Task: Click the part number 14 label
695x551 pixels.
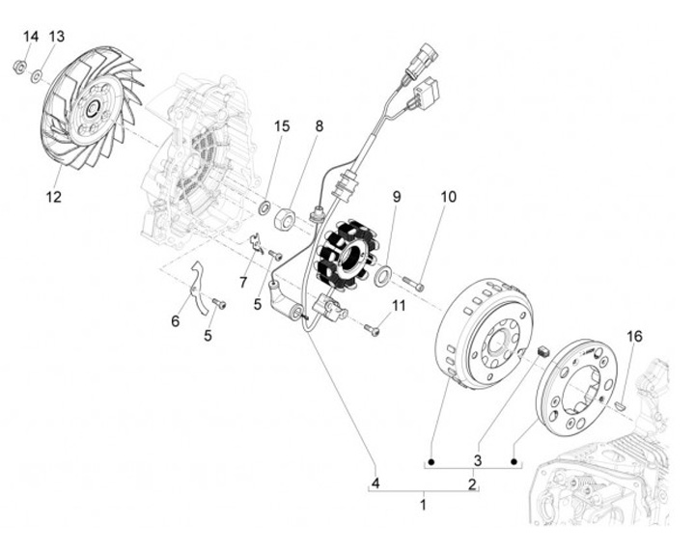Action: pos(30,37)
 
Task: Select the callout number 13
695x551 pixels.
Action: pos(56,37)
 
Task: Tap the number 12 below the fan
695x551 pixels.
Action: pos(53,198)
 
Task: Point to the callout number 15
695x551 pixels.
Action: pos(281,126)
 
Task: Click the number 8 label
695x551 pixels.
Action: pos(319,126)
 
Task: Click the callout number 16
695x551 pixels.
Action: pos(634,337)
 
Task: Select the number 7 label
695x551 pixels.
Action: pos(243,282)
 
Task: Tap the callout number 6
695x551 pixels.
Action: pos(175,320)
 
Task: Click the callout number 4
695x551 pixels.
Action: pos(376,482)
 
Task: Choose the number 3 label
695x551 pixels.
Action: pos(477,457)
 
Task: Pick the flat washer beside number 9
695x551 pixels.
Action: pos(383,277)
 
